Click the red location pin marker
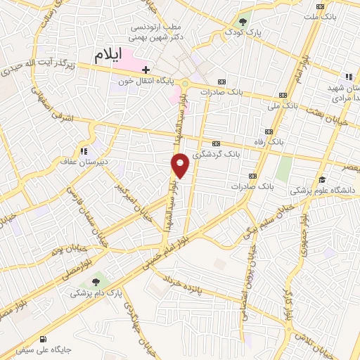(181, 165)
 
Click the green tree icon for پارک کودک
(244, 20)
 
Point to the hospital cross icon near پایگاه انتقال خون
(146, 70)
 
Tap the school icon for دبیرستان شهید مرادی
(348, 77)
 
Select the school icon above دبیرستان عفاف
(84, 150)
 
